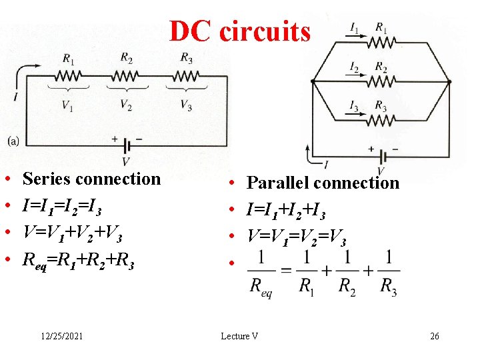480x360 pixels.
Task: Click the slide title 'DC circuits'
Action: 239,31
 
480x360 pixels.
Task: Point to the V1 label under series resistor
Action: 68,104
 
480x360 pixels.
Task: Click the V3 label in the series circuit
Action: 187,104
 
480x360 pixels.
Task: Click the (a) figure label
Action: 13,141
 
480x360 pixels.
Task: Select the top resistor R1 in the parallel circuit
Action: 381,43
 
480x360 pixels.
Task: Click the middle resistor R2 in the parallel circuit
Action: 381,81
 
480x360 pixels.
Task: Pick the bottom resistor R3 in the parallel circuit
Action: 381,120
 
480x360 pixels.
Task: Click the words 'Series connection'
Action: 91,179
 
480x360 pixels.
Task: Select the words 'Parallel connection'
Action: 323,183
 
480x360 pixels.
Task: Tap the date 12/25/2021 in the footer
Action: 61,337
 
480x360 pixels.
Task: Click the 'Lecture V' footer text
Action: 239,337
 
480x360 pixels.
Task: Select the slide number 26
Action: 435,337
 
